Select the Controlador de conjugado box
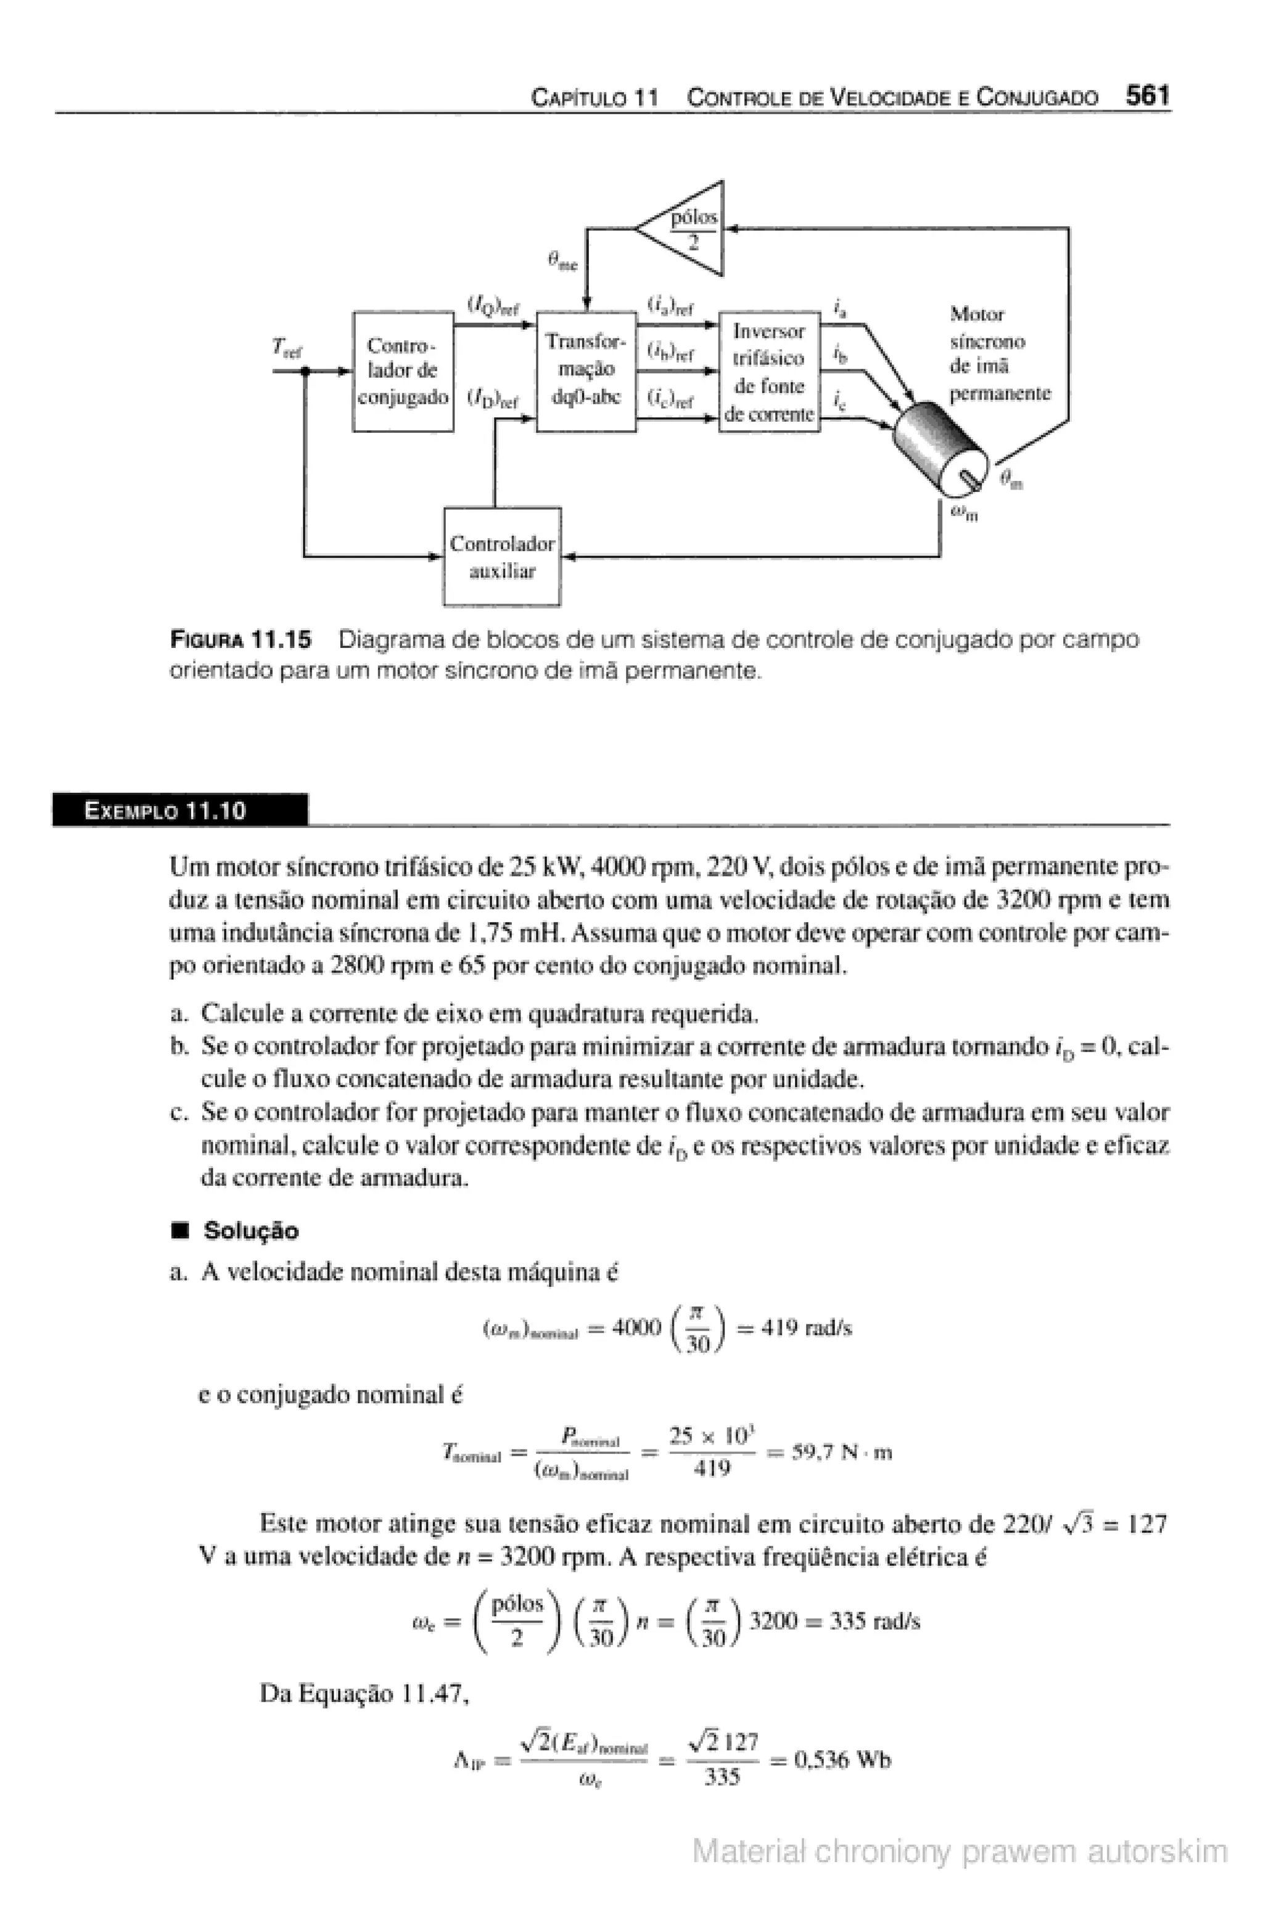point(403,371)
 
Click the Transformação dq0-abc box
point(586,371)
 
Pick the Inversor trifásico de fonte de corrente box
point(769,372)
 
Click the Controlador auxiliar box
point(502,557)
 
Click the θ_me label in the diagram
point(562,260)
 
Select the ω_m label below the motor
point(963,512)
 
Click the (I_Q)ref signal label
point(493,307)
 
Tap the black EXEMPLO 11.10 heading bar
point(179,810)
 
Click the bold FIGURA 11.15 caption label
point(240,640)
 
